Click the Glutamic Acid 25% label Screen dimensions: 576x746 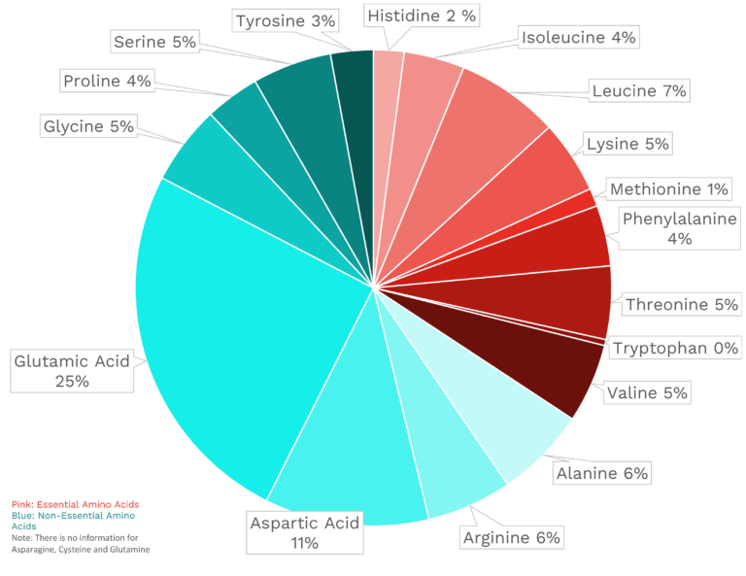click(x=71, y=371)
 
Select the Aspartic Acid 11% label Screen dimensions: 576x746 click(x=304, y=532)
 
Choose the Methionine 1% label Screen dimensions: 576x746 click(x=669, y=188)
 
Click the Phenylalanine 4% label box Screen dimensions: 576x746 click(x=679, y=228)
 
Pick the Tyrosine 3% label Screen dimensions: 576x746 click(x=285, y=19)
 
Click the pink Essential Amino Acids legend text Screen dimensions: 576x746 click(x=75, y=504)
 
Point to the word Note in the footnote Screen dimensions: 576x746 click(x=21, y=537)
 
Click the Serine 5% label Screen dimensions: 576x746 click(x=154, y=42)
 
